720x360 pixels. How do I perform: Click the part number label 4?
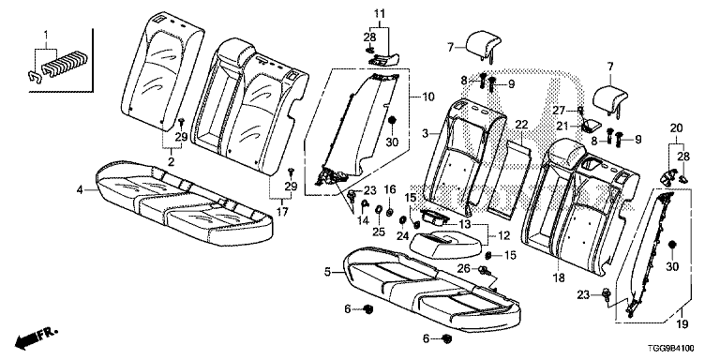[x=80, y=188]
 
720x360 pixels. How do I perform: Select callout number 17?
[x=283, y=212]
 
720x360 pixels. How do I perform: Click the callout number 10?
[x=427, y=97]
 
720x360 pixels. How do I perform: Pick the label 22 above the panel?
[x=522, y=125]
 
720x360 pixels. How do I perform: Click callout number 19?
[x=682, y=324]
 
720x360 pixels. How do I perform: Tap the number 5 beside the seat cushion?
[x=327, y=272]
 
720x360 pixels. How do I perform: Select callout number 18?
[x=560, y=277]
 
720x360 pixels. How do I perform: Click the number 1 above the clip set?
[x=45, y=35]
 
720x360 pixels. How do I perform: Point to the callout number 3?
[x=426, y=133]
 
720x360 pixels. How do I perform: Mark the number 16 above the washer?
[x=389, y=188]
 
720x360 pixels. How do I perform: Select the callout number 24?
[x=402, y=235]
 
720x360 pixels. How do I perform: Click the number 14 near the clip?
[x=363, y=221]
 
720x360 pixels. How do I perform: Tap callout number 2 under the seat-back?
[x=171, y=161]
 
